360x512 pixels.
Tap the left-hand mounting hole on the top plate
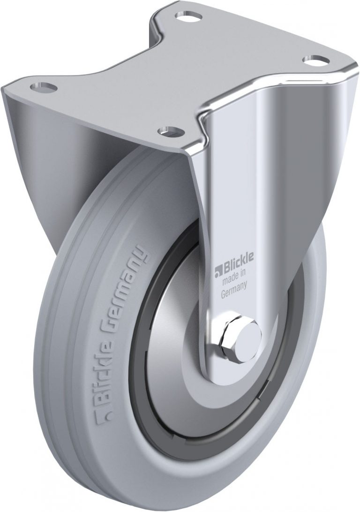pyautogui.click(x=43, y=87)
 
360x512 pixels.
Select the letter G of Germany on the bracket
pyautogui.click(x=224, y=294)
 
